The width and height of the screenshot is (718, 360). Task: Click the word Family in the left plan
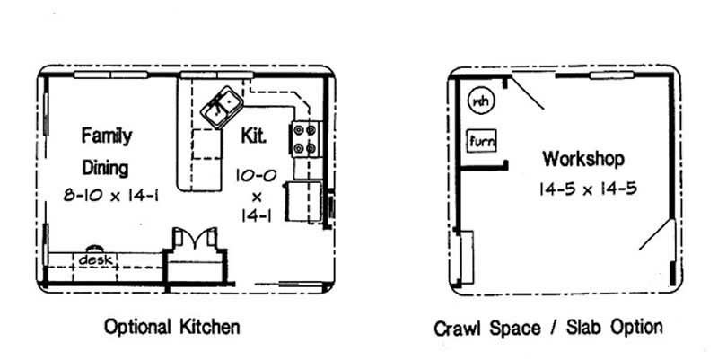[x=107, y=136]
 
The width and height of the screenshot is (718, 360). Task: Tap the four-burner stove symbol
[x=305, y=139]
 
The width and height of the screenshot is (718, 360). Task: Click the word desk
[x=93, y=259]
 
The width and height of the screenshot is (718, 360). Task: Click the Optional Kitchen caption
[x=171, y=326]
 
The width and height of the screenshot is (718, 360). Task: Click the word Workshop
[x=582, y=160]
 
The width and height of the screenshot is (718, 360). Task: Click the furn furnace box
[x=482, y=141]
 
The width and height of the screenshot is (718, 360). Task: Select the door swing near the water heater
[x=528, y=94]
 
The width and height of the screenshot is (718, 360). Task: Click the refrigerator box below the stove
[x=303, y=200]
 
